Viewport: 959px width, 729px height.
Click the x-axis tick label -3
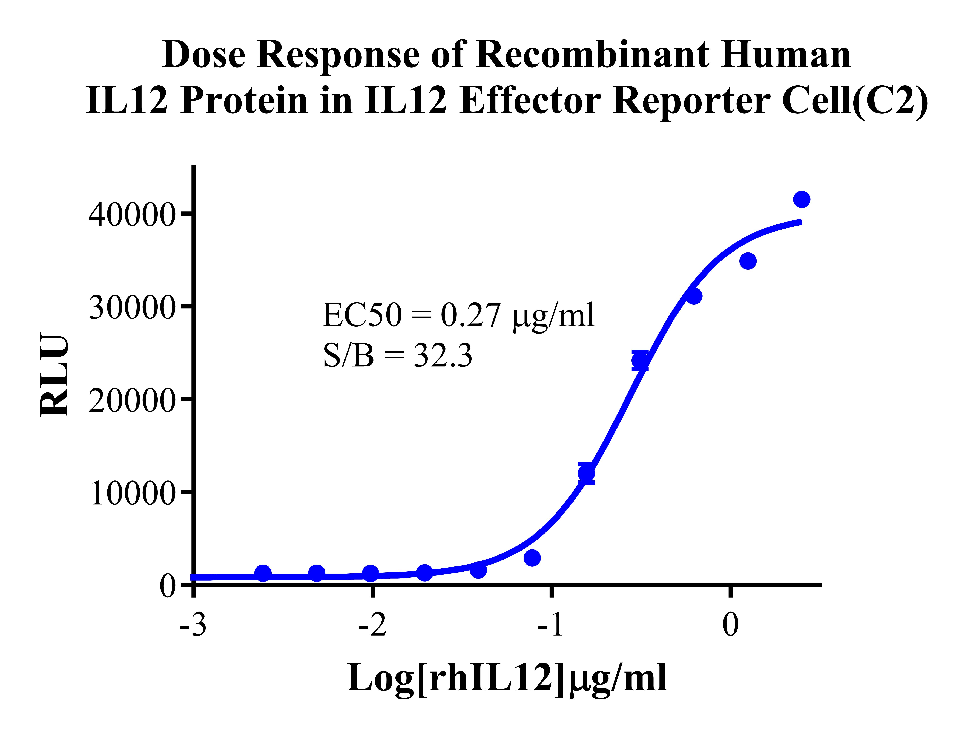[193, 626]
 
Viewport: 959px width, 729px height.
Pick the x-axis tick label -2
[372, 626]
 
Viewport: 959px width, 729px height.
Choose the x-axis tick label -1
[551, 626]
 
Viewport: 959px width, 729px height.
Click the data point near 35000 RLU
[748, 261]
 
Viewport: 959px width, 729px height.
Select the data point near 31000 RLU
[694, 296]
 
